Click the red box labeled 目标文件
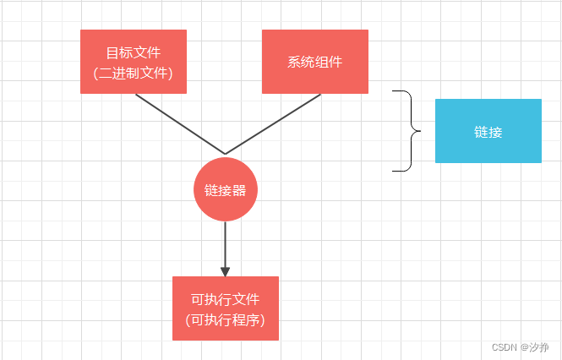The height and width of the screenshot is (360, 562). pos(133,62)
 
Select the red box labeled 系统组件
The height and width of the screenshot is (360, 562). pos(314,62)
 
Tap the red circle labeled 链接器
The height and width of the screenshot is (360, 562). pos(225,189)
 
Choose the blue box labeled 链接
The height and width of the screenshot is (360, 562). pos(488,131)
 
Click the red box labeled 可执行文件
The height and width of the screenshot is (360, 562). pos(225,308)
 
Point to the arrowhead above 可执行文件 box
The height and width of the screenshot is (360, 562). pos(225,271)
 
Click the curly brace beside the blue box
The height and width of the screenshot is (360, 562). pos(411,131)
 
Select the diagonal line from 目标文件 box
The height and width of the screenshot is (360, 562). pos(179,123)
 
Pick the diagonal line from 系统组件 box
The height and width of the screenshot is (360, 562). pos(273,123)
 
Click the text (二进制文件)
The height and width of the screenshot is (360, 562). pos(133,74)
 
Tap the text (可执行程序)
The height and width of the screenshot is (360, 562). pos(225,320)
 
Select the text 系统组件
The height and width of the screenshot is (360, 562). pos(314,63)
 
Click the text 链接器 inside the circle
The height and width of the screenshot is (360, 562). pos(225,190)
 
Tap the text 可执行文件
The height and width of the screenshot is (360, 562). pos(225,300)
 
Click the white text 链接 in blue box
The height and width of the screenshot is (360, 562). pos(488,132)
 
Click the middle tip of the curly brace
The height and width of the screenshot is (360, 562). pos(419,131)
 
